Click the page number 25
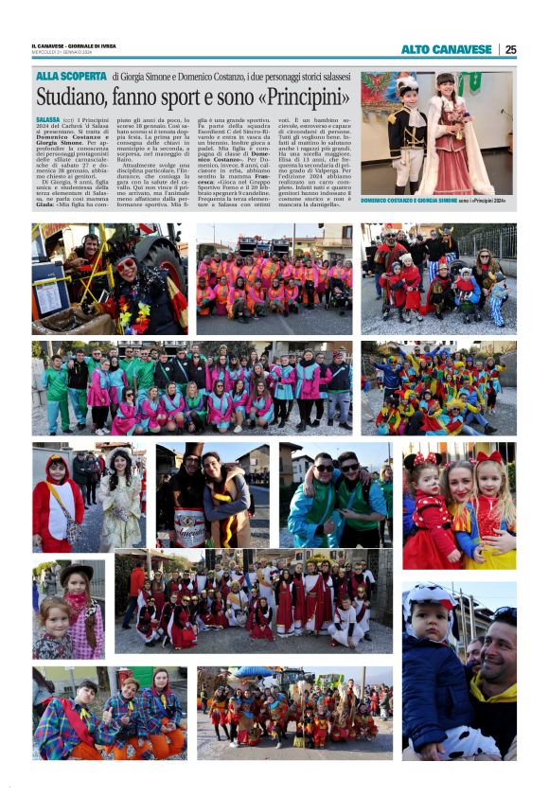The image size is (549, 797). pyautogui.click(x=510, y=49)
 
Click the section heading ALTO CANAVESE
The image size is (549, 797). pyautogui.click(x=446, y=49)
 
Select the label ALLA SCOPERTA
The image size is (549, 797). pyautogui.click(x=71, y=76)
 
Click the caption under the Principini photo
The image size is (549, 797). pyautogui.click(x=435, y=202)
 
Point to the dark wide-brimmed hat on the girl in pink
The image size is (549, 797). pyautogui.click(x=77, y=571)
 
